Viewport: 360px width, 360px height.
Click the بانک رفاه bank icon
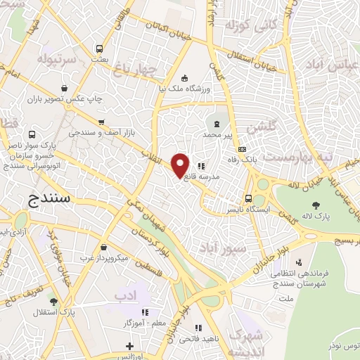coord(242,149)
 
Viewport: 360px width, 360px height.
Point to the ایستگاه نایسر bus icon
coord(248,199)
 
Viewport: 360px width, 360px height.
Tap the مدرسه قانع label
coord(202,178)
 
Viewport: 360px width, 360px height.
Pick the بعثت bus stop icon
coord(100,50)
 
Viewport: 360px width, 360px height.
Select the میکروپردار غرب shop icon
coord(105,247)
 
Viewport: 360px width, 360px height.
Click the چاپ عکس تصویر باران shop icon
coord(65,89)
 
